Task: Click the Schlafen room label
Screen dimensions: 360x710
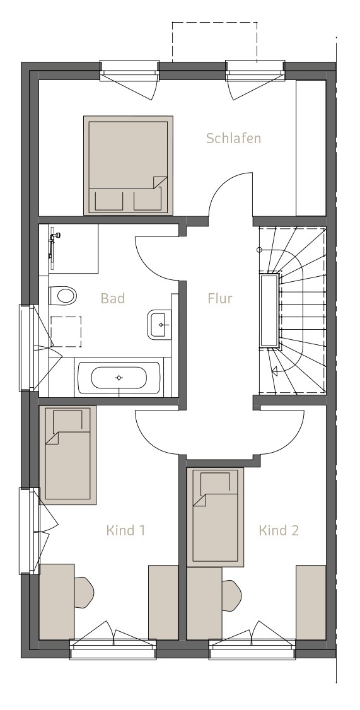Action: [x=234, y=138]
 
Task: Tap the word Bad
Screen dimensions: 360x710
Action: [x=113, y=298]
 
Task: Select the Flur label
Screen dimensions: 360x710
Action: [x=220, y=298]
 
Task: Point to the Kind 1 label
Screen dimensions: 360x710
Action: [x=126, y=530]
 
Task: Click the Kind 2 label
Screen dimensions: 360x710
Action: [x=279, y=530]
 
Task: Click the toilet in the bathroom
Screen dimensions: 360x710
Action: [x=62, y=296]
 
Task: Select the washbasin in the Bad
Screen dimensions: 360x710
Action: [x=159, y=324]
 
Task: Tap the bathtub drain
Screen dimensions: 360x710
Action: [x=119, y=378]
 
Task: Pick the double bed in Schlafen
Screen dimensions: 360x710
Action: [x=128, y=165]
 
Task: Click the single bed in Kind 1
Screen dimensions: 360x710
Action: [x=67, y=455]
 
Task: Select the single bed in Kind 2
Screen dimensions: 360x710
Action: [x=216, y=516]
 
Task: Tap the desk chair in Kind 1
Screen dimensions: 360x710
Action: [x=84, y=592]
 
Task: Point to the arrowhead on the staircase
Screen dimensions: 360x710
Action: [x=274, y=372]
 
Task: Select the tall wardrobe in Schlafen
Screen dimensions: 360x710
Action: [x=311, y=148]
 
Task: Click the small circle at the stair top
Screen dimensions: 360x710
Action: [x=260, y=250]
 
